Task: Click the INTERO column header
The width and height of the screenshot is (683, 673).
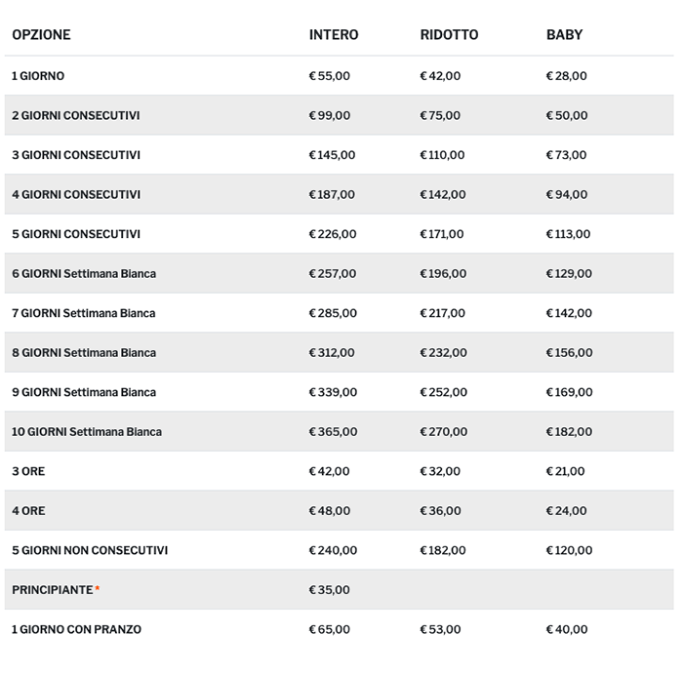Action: pos(334,35)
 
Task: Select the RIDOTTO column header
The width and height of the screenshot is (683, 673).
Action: pos(449,35)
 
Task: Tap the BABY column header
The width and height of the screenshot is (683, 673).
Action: pos(564,35)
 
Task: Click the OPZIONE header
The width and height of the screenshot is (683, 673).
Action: pos(41,35)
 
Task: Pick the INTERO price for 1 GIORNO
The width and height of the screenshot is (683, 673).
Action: pos(329,76)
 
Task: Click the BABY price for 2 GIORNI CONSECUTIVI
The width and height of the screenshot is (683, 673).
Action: pos(566,116)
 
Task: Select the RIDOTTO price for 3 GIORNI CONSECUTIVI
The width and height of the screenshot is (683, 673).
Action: pos(443,155)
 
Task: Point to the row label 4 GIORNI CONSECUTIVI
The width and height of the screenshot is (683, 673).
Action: pos(76,195)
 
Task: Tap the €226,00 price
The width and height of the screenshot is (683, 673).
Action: pos(332,234)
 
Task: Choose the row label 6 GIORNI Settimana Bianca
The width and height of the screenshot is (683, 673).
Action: pos(84,274)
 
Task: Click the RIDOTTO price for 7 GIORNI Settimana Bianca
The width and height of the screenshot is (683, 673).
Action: pos(443,313)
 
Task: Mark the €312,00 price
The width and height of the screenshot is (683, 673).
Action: pos(332,353)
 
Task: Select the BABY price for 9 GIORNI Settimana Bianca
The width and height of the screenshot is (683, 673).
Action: pos(569,392)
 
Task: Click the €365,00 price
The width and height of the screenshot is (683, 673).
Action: pos(333,432)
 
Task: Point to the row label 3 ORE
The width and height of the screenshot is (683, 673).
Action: pos(28,472)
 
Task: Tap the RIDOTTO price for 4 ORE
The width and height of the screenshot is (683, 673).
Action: pos(440,511)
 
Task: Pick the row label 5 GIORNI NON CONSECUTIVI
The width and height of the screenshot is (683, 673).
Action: pos(90,551)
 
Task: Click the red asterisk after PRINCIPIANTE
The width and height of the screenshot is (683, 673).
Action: pos(98,589)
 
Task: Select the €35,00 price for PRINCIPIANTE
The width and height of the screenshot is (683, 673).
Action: pos(329,590)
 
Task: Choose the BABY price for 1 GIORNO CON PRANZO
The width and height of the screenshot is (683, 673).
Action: pos(566,630)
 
